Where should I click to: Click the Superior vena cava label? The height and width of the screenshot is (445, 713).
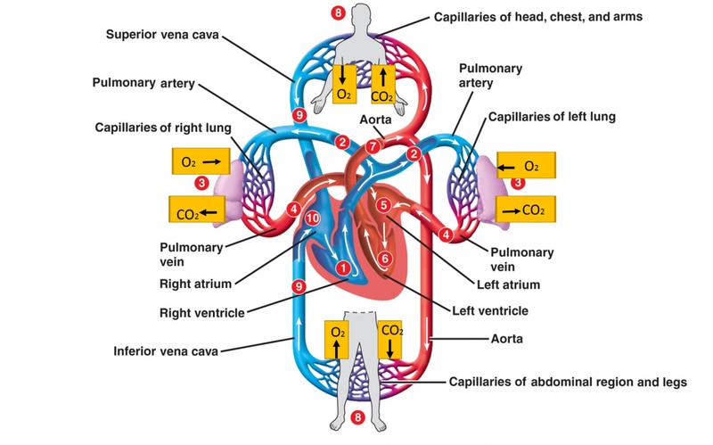point(163,35)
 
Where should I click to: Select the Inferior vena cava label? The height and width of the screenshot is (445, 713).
point(167,350)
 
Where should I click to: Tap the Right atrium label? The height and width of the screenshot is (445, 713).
point(196,284)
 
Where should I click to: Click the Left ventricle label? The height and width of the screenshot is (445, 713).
point(489,311)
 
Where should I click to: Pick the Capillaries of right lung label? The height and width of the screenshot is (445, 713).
point(163,128)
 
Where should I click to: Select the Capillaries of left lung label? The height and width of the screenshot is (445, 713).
point(552,117)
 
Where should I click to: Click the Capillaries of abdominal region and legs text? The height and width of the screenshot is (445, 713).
point(568,383)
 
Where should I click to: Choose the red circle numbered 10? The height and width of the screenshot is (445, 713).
point(312,218)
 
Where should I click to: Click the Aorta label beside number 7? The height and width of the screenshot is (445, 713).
point(375,119)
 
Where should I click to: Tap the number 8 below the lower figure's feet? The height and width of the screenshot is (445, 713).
point(358,417)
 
